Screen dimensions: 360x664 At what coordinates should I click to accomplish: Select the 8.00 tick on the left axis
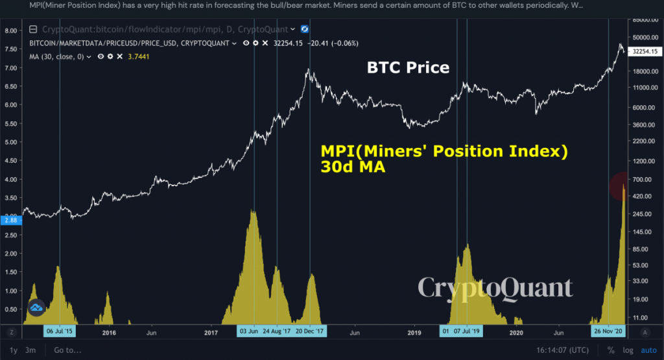click(10, 30)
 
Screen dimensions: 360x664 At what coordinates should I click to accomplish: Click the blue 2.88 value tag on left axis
click(11, 221)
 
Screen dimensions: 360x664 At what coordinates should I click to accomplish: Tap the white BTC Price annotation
click(408, 67)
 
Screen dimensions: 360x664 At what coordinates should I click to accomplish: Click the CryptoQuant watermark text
click(495, 287)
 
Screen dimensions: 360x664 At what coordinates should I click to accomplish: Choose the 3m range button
click(30, 350)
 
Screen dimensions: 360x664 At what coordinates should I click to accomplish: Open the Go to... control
click(67, 350)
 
